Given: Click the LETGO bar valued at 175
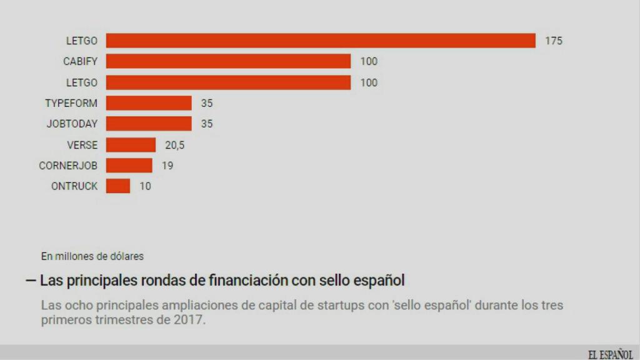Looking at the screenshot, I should [321, 41].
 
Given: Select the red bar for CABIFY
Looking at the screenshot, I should [228, 61].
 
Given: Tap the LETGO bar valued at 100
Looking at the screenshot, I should [228, 82].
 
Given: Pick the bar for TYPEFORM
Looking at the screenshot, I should [149, 103].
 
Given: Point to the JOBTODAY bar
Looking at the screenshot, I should [149, 124].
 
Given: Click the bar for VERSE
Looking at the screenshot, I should [131, 145].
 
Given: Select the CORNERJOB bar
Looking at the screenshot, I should [129, 166].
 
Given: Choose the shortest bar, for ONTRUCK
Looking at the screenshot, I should [118, 186].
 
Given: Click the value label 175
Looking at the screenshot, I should [554, 41].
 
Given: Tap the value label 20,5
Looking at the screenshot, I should [175, 145].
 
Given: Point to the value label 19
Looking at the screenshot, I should [167, 166].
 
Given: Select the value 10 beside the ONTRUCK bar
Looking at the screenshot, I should [145, 186].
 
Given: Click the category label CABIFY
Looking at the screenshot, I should [80, 61].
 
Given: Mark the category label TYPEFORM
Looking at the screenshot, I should [71, 103].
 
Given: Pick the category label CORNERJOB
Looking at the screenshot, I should [68, 166].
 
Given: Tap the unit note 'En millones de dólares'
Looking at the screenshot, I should [92, 256].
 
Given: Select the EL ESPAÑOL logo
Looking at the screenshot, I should [610, 354].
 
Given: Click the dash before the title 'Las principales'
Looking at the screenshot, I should [31, 280].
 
